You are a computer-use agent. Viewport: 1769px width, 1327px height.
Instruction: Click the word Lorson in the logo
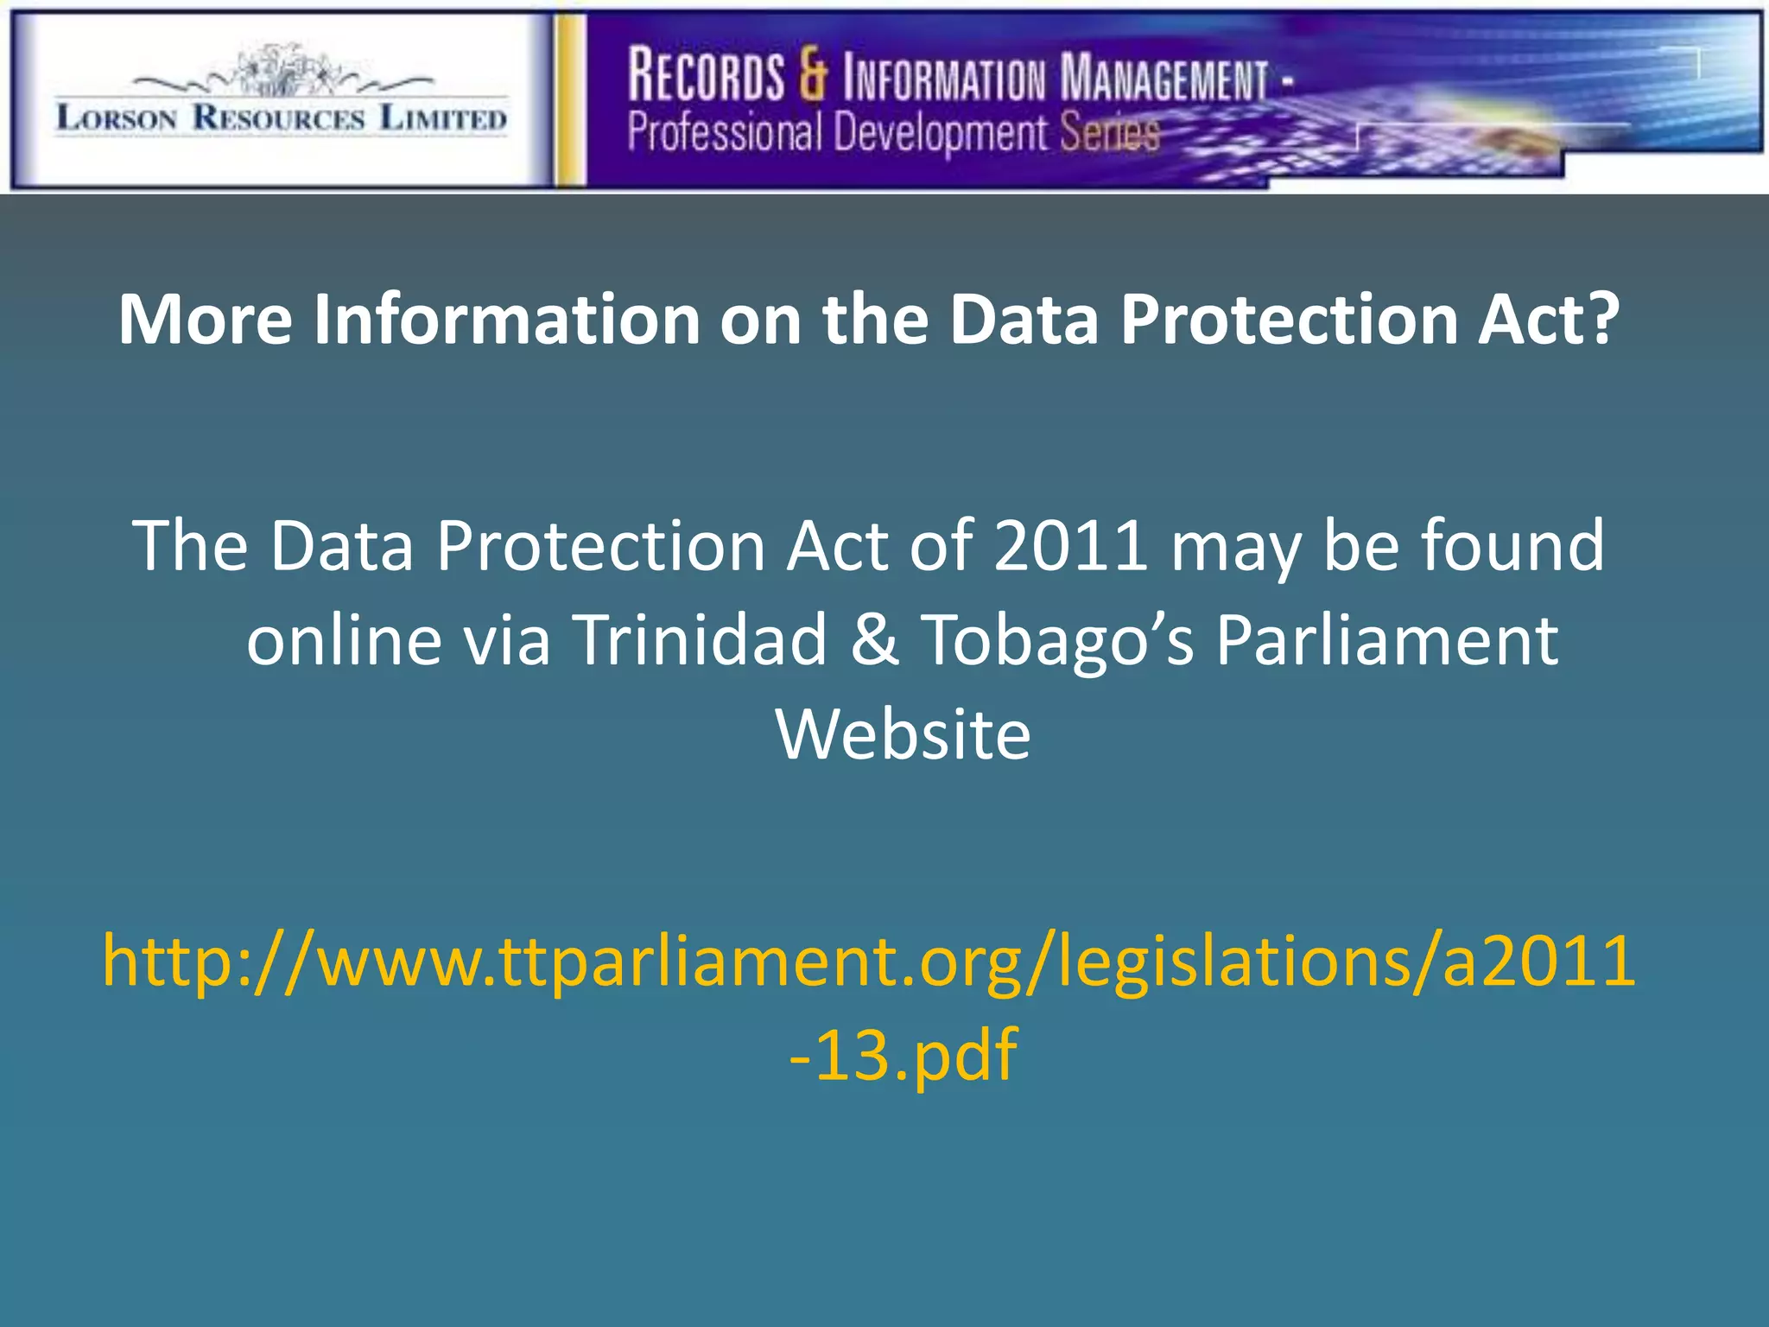point(117,117)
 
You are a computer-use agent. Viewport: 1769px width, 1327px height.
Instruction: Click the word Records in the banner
point(706,76)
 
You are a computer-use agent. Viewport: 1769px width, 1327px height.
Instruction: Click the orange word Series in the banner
point(1109,134)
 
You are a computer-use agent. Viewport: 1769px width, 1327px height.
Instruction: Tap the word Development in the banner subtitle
point(941,134)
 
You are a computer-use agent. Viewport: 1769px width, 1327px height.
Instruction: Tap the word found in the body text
point(1512,546)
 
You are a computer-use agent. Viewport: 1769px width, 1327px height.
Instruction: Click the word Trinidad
point(701,640)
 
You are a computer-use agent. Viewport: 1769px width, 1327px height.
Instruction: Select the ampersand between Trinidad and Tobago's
point(873,640)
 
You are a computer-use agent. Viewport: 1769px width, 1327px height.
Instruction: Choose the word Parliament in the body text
point(1387,640)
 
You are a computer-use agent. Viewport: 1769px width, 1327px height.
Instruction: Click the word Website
point(904,734)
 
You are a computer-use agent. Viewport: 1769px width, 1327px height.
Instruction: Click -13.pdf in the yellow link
point(904,1055)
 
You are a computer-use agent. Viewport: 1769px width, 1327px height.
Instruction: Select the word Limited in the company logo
point(443,117)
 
